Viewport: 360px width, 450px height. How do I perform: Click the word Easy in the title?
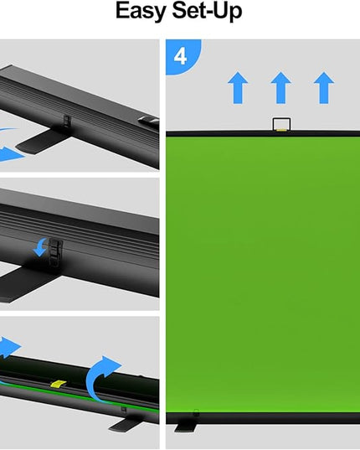pos(141,11)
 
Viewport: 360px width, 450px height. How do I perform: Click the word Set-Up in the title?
pos(207,11)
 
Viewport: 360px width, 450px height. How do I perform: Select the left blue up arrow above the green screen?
pos(238,88)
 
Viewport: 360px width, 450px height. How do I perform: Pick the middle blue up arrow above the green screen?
pos(281,88)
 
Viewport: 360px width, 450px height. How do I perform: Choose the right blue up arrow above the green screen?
pos(324,88)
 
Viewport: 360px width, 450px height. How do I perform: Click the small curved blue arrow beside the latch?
pos(40,247)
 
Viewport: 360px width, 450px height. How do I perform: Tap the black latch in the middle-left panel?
pos(55,251)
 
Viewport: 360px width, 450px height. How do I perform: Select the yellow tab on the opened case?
pos(58,384)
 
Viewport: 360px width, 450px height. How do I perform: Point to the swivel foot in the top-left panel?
pos(43,142)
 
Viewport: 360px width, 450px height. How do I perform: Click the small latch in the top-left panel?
pos(66,121)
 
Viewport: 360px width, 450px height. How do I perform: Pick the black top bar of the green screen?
pos(263,133)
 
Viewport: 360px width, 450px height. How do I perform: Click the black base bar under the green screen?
pos(263,418)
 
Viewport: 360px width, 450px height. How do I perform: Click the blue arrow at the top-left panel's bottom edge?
pos(11,154)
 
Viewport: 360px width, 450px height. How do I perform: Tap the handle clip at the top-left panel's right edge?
pos(149,121)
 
